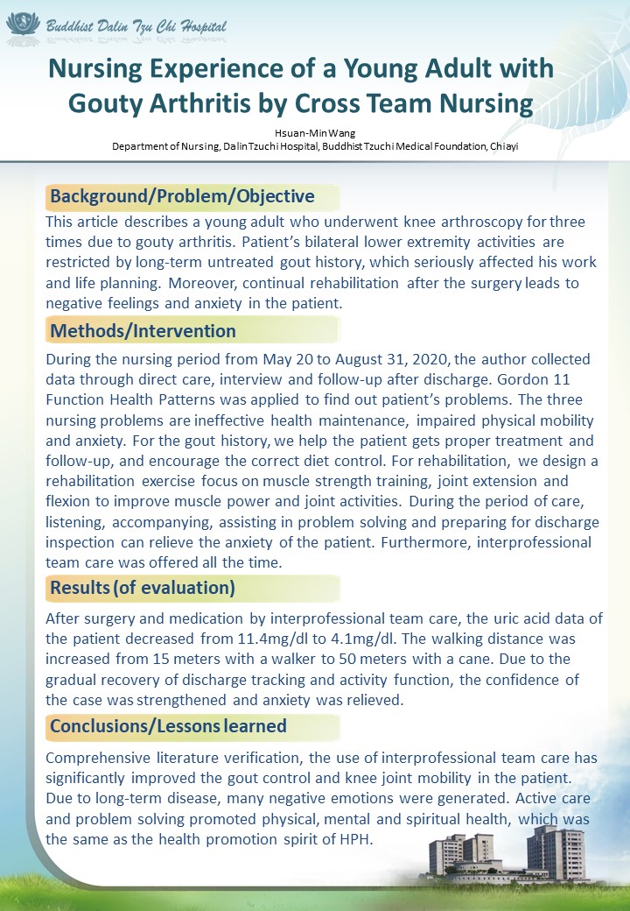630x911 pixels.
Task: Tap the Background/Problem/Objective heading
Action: click(182, 195)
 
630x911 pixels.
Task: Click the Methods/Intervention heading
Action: click(143, 330)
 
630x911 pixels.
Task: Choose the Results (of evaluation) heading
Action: click(142, 587)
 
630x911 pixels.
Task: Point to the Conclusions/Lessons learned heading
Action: click(168, 725)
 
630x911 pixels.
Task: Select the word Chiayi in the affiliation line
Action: click(504, 146)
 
